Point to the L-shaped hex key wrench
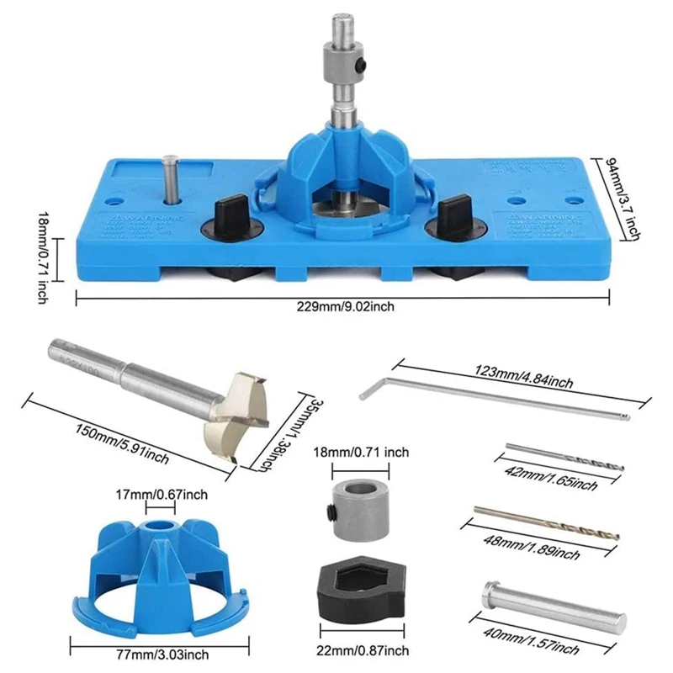496,400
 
